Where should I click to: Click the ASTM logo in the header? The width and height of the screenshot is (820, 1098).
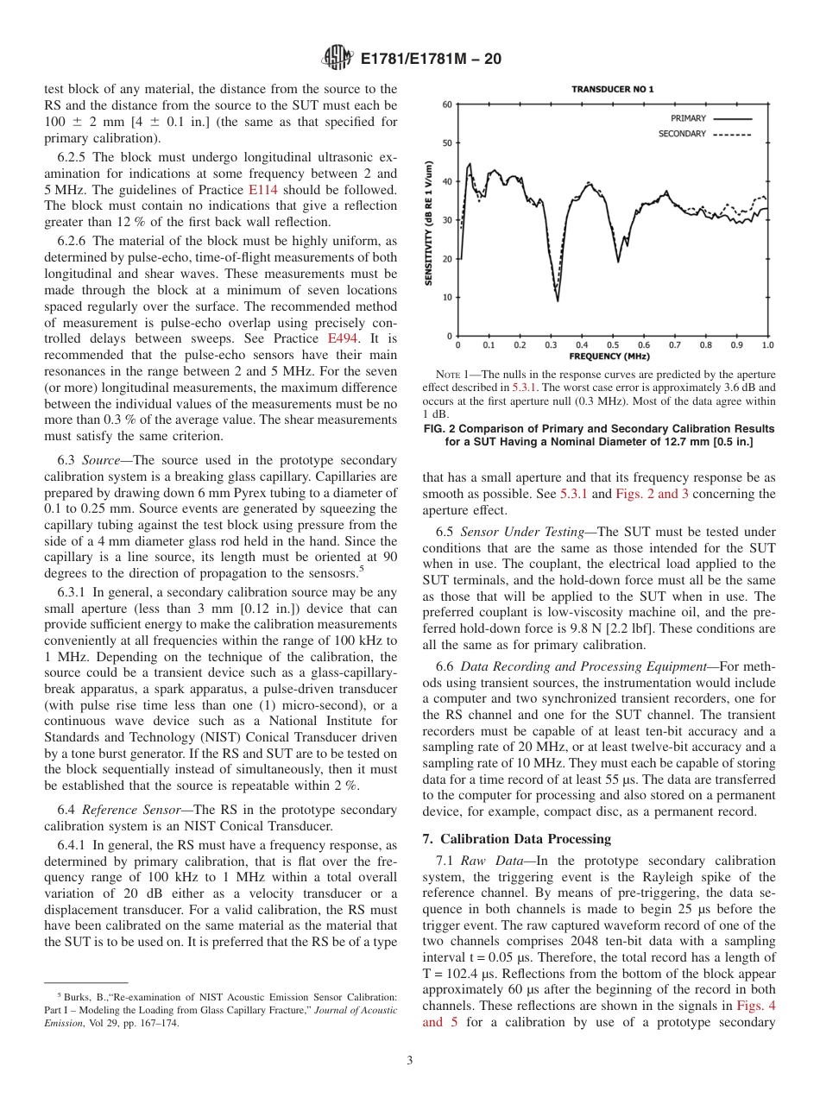(337, 58)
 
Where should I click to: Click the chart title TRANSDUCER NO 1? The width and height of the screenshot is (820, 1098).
(612, 90)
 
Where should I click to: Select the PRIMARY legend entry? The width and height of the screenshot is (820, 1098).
(688, 117)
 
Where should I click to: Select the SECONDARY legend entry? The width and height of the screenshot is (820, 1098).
(683, 134)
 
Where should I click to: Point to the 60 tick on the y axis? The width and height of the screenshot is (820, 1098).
(447, 104)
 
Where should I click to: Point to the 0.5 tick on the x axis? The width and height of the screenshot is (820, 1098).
(613, 345)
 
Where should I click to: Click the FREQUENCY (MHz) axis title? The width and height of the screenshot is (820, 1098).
(610, 357)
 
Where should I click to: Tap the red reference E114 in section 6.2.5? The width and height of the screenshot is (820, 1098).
(260, 189)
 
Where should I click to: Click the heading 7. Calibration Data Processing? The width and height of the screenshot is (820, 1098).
(516, 839)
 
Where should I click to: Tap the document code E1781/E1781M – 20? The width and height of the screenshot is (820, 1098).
(431, 59)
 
